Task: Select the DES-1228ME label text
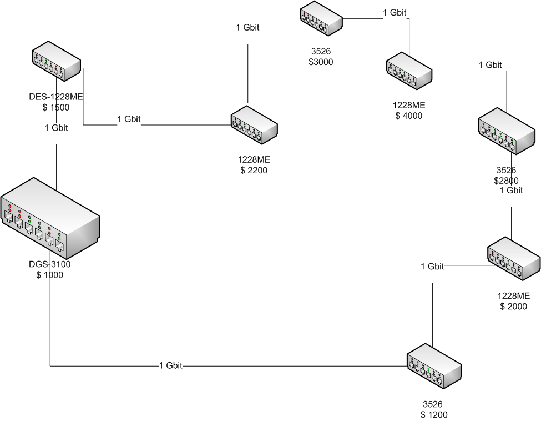click(x=56, y=97)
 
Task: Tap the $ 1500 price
click(x=56, y=107)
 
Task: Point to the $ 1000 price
click(x=49, y=274)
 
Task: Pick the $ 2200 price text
click(x=254, y=171)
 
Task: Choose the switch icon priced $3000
click(x=321, y=20)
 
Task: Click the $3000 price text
click(x=321, y=62)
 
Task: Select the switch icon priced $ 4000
click(x=409, y=72)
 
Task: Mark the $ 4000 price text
click(x=409, y=116)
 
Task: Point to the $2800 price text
click(x=506, y=181)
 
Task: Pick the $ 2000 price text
click(x=513, y=306)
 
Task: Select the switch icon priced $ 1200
click(x=434, y=365)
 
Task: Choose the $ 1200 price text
click(x=434, y=414)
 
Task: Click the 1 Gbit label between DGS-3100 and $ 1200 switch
click(x=171, y=365)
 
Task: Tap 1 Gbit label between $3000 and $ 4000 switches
click(x=395, y=12)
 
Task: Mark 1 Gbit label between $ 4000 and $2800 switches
click(x=491, y=65)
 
